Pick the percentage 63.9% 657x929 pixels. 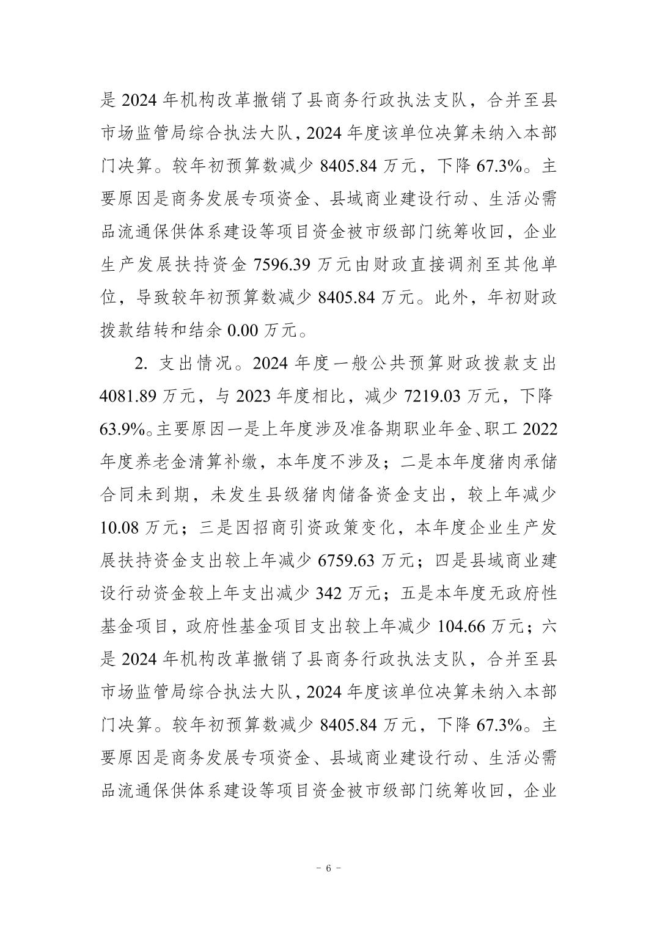pos(122,430)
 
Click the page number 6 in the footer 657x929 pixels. pos(328,868)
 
